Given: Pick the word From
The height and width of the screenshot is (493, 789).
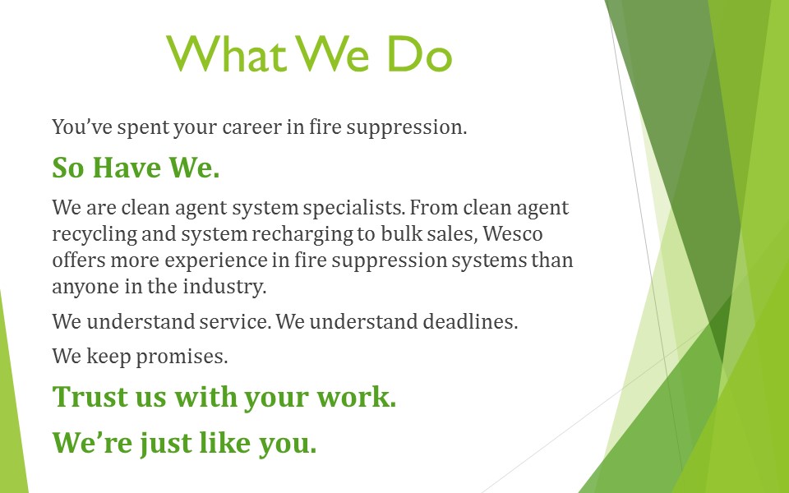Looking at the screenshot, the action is click(434, 207).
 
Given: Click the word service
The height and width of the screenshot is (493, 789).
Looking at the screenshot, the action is click(235, 321).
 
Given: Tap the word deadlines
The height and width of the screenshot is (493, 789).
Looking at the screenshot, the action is click(470, 321).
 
